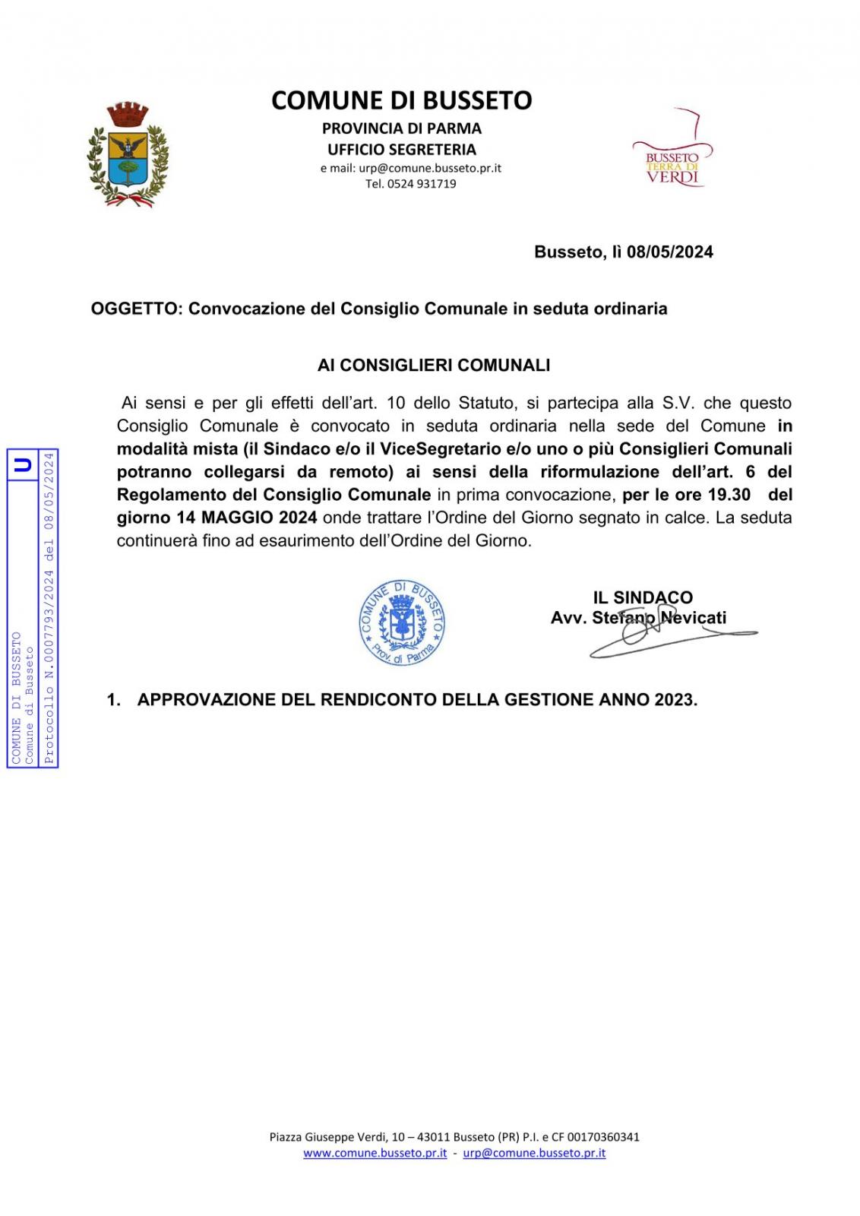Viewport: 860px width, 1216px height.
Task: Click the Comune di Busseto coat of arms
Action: pyautogui.click(x=127, y=156)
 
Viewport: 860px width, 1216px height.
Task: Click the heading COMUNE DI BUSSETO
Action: pyautogui.click(x=401, y=100)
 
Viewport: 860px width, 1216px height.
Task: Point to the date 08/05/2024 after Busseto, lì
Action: pyautogui.click(x=669, y=252)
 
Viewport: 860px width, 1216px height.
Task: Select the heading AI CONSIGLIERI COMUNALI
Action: pyautogui.click(x=433, y=366)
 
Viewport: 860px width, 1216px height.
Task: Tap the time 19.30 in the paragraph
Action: pyautogui.click(x=729, y=495)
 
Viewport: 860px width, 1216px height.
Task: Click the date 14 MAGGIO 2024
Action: pyautogui.click(x=217, y=518)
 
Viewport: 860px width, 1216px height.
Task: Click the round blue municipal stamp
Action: pyautogui.click(x=402, y=623)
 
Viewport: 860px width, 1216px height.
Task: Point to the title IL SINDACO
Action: pyautogui.click(x=643, y=597)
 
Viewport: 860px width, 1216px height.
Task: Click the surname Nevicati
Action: pyautogui.click(x=693, y=618)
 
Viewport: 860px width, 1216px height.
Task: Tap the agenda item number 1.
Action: pyautogui.click(x=113, y=700)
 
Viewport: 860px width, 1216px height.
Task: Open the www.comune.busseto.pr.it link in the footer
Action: pyautogui.click(x=375, y=1153)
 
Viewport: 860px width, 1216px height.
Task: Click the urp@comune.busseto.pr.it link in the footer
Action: pyautogui.click(x=534, y=1153)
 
